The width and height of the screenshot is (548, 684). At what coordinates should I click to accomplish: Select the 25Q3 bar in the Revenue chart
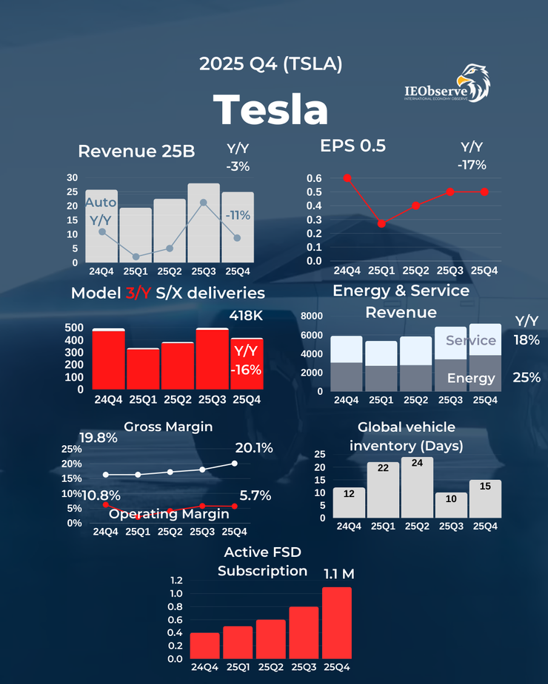click(x=203, y=222)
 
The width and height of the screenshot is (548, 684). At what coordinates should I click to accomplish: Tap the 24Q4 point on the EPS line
click(x=347, y=177)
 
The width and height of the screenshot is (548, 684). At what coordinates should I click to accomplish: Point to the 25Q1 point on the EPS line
click(x=381, y=223)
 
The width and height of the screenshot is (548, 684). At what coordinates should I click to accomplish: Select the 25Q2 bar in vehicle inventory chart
click(x=417, y=487)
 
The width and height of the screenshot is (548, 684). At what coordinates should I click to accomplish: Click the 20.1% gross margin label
click(x=254, y=447)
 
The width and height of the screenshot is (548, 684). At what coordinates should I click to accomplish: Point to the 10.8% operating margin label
click(x=101, y=495)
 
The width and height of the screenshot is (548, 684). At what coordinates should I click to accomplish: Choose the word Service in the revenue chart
click(x=471, y=340)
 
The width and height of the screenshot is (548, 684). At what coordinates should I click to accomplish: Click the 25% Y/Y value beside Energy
click(x=526, y=378)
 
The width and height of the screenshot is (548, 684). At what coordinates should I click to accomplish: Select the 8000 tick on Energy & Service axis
click(x=312, y=316)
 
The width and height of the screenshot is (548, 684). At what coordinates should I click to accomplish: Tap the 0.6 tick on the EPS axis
click(x=313, y=178)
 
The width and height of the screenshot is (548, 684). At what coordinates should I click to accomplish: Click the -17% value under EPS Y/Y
click(x=472, y=165)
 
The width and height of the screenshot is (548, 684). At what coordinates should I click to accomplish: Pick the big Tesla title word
click(x=271, y=109)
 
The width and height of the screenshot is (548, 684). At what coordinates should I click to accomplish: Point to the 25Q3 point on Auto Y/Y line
click(x=203, y=203)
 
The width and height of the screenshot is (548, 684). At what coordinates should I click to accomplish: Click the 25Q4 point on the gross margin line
click(x=234, y=464)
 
